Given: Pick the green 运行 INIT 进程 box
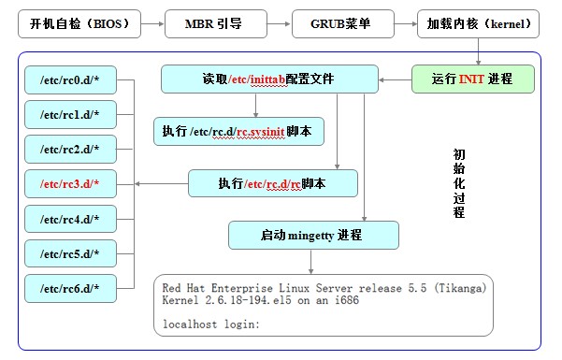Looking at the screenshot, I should coord(472,79).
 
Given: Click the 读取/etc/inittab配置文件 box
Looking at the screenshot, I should coord(269,79).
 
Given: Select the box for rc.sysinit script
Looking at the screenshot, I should coord(238,131).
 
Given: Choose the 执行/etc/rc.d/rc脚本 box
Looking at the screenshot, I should coord(273,182).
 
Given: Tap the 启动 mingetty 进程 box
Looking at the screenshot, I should coord(313,235).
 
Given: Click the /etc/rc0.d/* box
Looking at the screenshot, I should coord(70,79).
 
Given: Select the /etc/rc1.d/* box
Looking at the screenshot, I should coord(70,113).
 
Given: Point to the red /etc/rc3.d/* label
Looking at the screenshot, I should coord(70,183).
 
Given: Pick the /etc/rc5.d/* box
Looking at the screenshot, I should coord(70,252).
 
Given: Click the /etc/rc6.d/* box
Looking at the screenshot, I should coord(70,287).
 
